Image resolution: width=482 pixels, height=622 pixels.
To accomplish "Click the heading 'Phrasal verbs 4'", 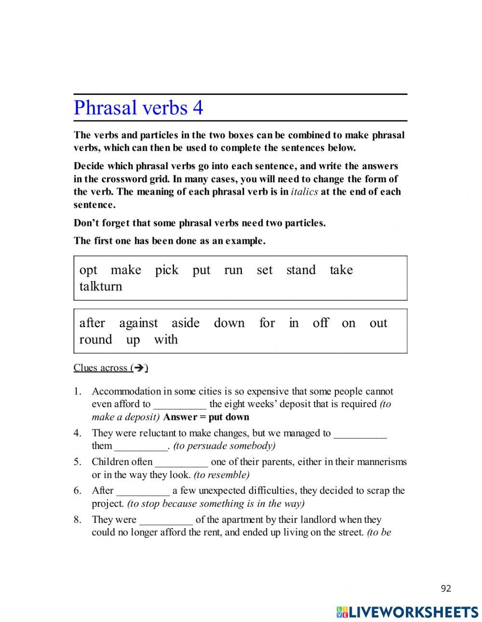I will pyautogui.click(x=138, y=107).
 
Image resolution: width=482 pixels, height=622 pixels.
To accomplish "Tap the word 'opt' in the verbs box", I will pyautogui.click(x=88, y=270).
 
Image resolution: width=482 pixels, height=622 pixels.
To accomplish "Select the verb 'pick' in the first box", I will pyautogui.click(x=166, y=270).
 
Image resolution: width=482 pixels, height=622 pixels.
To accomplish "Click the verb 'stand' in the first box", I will pyautogui.click(x=301, y=270).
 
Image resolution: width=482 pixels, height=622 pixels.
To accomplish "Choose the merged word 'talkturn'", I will pyautogui.click(x=101, y=287).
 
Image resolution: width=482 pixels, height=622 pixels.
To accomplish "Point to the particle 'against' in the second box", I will pyautogui.click(x=138, y=323).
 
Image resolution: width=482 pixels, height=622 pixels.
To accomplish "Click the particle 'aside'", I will pyautogui.click(x=185, y=323).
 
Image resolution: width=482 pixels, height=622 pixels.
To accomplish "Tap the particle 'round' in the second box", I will pyautogui.click(x=95, y=340).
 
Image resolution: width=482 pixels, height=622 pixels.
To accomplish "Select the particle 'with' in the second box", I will pyautogui.click(x=166, y=340).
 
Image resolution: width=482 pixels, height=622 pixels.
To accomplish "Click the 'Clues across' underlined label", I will pyautogui.click(x=110, y=368).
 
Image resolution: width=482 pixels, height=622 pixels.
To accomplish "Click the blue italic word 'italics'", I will pyautogui.click(x=305, y=192).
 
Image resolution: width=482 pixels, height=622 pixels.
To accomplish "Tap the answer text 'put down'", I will pyautogui.click(x=228, y=417).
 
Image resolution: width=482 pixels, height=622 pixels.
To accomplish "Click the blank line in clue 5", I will pyautogui.click(x=182, y=462).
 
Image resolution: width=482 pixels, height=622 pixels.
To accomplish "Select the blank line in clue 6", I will pyautogui.click(x=143, y=491).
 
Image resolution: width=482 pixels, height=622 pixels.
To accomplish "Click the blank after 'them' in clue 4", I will pyautogui.click(x=141, y=446).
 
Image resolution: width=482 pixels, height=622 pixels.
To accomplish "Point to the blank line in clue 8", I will pyautogui.click(x=166, y=520).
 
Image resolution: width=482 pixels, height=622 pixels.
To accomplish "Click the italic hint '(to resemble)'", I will pyautogui.click(x=221, y=475).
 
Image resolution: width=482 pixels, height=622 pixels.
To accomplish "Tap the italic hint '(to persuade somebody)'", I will pyautogui.click(x=224, y=446).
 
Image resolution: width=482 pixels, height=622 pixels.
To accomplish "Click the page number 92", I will pyautogui.click(x=446, y=588).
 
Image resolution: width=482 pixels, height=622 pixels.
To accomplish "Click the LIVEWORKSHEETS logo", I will pyautogui.click(x=407, y=612).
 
